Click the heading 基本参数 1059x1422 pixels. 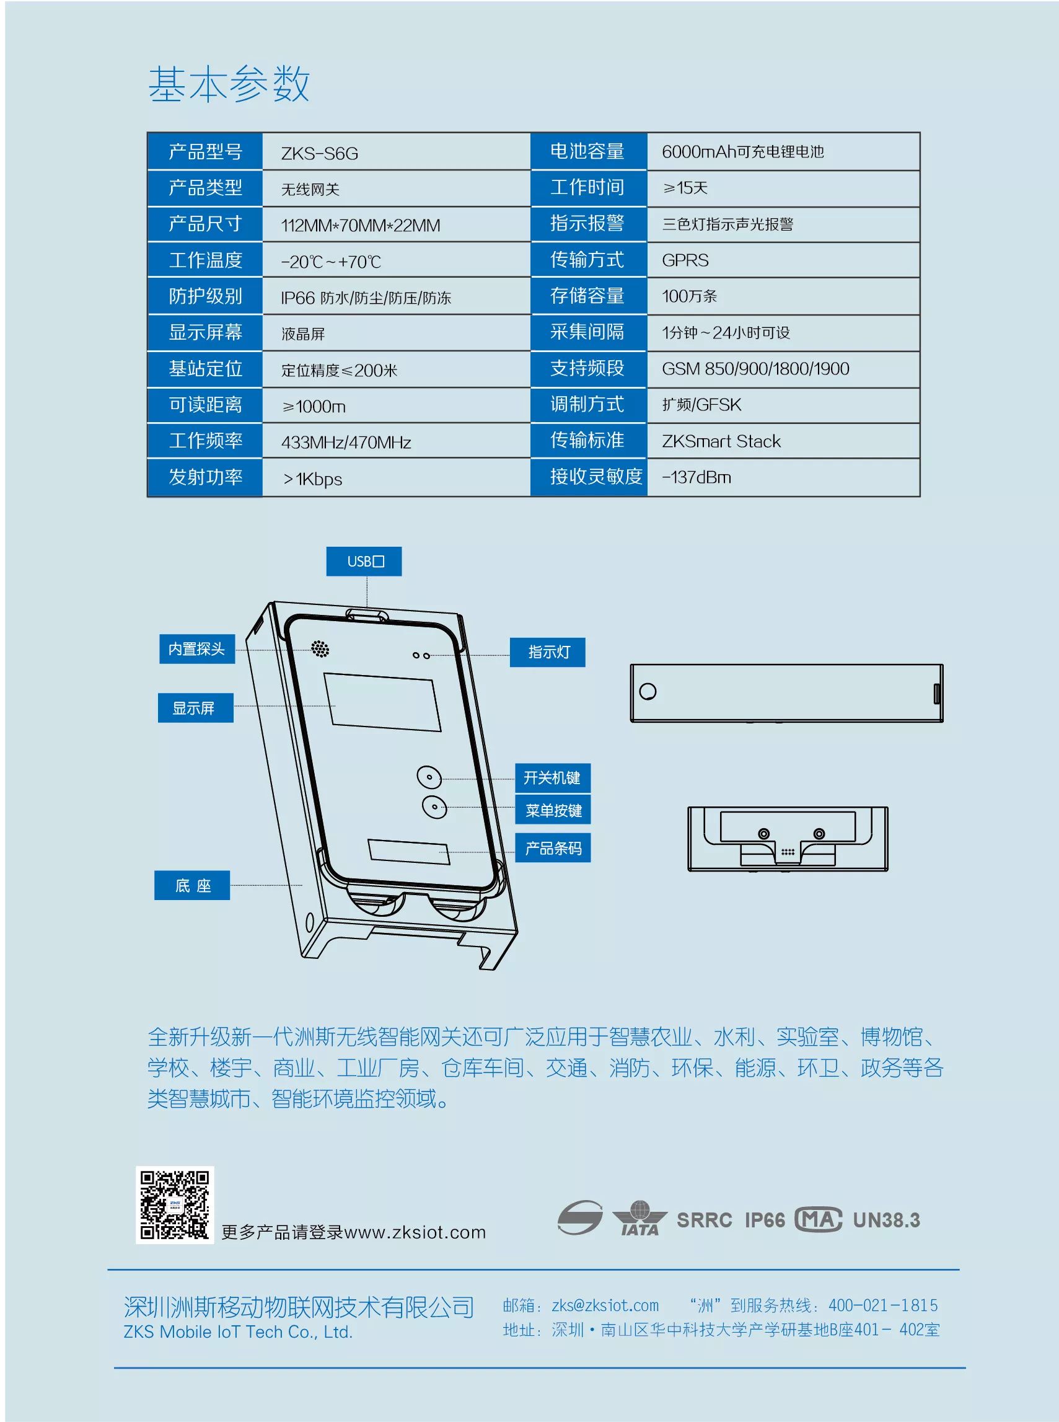pyautogui.click(x=229, y=84)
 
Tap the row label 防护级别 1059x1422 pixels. pyautogui.click(x=205, y=296)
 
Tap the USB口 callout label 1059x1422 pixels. pyautogui.click(x=364, y=562)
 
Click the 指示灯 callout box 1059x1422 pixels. pyautogui.click(x=547, y=652)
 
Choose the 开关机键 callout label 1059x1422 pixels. pyautogui.click(x=553, y=778)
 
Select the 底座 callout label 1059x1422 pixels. pyautogui.click(x=192, y=885)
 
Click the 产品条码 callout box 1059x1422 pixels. pyautogui.click(x=553, y=848)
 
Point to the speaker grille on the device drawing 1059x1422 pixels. pyautogui.click(x=320, y=649)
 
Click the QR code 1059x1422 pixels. pyautogui.click(x=174, y=1205)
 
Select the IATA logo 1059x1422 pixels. pyautogui.click(x=639, y=1218)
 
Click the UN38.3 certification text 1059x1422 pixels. pyautogui.click(x=886, y=1220)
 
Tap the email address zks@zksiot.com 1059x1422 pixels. pyautogui.click(x=605, y=1305)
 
